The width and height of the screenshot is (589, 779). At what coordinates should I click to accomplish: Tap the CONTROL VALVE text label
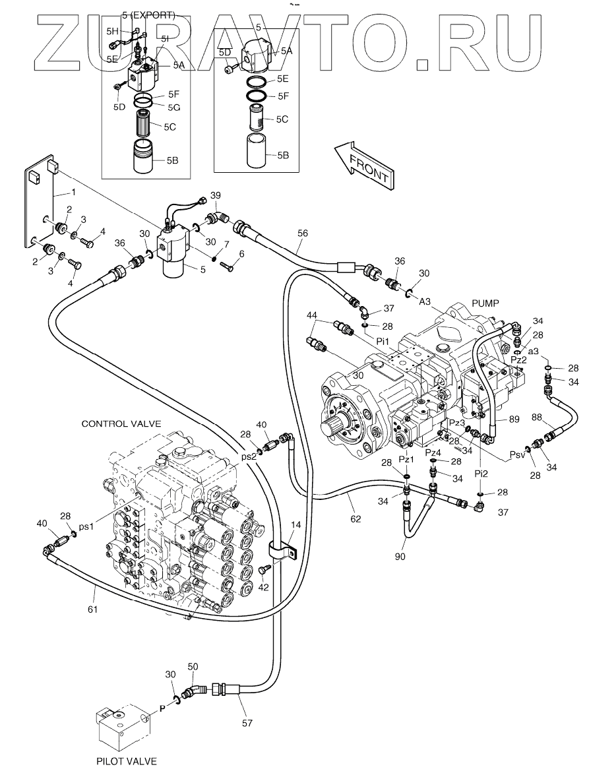click(121, 424)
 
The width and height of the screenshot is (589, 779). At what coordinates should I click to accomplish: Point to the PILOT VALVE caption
click(126, 761)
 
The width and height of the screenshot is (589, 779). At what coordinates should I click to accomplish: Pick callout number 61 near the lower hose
click(92, 609)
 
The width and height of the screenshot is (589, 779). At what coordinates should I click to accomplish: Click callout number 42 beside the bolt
click(263, 587)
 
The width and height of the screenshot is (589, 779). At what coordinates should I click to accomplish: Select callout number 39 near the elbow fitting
click(215, 196)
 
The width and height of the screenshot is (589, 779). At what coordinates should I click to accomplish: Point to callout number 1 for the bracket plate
click(74, 192)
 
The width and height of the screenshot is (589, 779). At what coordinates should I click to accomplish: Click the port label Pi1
click(383, 341)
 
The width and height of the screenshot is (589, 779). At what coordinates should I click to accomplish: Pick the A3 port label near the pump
click(425, 301)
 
